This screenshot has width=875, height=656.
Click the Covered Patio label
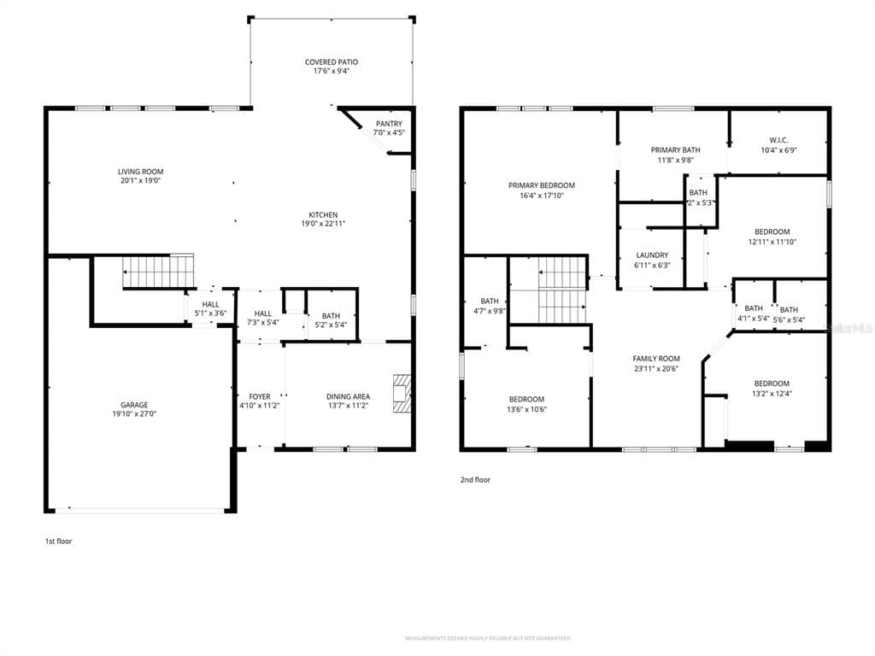click(x=332, y=62)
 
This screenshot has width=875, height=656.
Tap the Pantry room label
click(x=389, y=124)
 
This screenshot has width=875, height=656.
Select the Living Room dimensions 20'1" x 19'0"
click(x=140, y=180)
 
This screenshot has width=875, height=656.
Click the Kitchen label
click(x=323, y=214)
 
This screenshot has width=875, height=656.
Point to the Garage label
click(x=134, y=405)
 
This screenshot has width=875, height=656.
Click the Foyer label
click(x=260, y=396)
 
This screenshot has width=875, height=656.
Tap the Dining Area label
click(x=348, y=396)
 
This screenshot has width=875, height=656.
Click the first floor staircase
click(x=159, y=271)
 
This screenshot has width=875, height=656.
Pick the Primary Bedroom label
click(x=542, y=185)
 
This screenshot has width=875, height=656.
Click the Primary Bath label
click(x=675, y=150)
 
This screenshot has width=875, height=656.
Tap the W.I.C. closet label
click(x=778, y=140)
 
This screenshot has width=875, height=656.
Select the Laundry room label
click(x=653, y=255)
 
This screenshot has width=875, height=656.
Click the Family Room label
click(x=656, y=359)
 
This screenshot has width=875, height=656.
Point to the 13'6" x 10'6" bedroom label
click(x=526, y=400)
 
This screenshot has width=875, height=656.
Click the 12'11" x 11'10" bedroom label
click(x=772, y=231)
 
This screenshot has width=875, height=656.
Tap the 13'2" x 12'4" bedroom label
click(x=772, y=384)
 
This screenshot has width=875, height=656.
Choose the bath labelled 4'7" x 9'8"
click(x=490, y=301)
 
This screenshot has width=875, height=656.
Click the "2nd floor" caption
click(x=475, y=480)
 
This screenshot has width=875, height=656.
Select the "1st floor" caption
click(x=58, y=541)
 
